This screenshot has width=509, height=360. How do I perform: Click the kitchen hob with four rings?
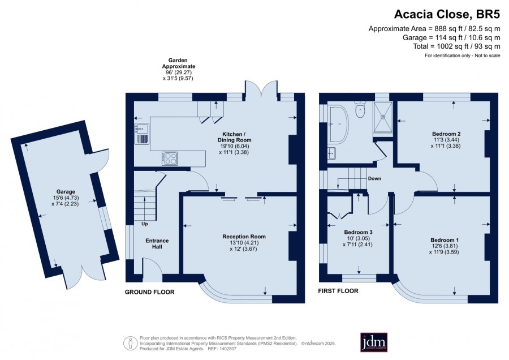[x=170, y=158]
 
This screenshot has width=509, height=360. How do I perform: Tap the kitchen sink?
[x=142, y=128]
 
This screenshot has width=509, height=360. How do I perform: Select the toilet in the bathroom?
[x=361, y=109]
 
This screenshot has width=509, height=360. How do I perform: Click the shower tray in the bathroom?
[x=383, y=117]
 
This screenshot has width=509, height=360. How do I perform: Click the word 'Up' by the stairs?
[x=144, y=224]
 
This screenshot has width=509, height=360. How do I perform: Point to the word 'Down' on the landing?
[x=374, y=178]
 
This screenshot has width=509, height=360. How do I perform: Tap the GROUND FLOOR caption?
[x=150, y=292]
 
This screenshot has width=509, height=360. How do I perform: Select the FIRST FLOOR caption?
[x=338, y=291]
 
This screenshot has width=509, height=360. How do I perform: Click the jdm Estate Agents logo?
[x=374, y=342]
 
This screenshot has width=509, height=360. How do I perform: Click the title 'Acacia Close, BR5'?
[x=447, y=14]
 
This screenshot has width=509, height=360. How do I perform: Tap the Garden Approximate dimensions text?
[x=178, y=69]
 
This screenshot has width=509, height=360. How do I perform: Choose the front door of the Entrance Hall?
[x=153, y=269]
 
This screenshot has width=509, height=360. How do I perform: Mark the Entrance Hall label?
[x=157, y=244]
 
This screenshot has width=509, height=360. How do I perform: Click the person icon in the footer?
[x=130, y=344]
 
